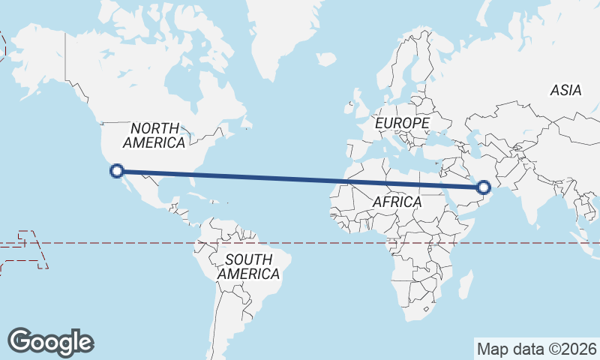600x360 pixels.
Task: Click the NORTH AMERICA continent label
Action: [154, 135]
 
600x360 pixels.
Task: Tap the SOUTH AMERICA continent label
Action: [248, 267]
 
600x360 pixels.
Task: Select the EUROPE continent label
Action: [403, 122]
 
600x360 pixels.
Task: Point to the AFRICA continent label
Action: [397, 202]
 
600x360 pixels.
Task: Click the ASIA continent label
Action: [565, 90]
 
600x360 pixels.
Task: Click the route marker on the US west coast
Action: [117, 171]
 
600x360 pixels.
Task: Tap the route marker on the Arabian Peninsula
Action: [484, 187]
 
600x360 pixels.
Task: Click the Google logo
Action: [51, 341]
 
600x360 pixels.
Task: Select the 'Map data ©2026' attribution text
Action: [537, 349]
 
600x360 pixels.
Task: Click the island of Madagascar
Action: [465, 285]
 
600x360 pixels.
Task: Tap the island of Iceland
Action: [327, 58]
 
